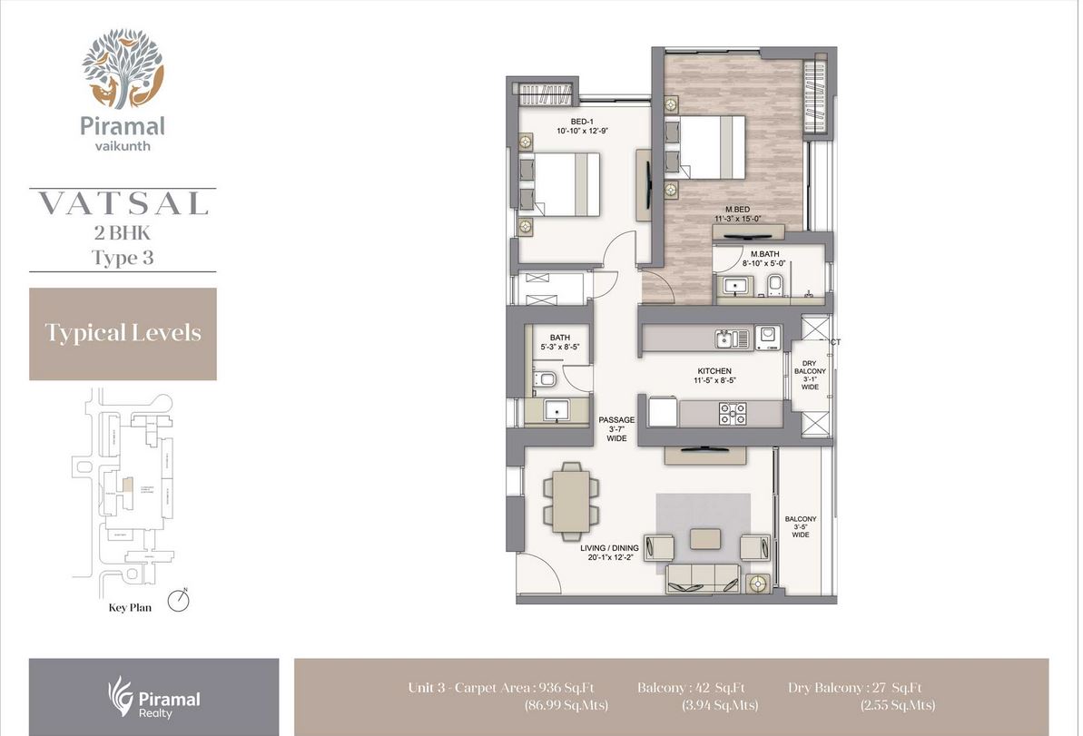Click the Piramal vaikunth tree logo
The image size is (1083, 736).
coord(123,67)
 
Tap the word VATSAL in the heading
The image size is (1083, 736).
coord(123,203)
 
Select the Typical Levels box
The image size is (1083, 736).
coord(123,333)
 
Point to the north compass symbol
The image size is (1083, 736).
coord(180,601)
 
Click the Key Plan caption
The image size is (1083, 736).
coord(123,608)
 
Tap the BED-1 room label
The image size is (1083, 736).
coord(582,122)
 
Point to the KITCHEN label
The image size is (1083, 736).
coord(714,371)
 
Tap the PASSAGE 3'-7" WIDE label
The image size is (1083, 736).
coord(616,420)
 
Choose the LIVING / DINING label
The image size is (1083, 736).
coord(609,548)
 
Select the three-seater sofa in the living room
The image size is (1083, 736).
coord(704,578)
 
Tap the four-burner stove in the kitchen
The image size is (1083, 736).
coord(733,413)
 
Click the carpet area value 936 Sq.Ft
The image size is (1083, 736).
coord(567,688)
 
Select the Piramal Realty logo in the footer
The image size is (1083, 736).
coord(153,696)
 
